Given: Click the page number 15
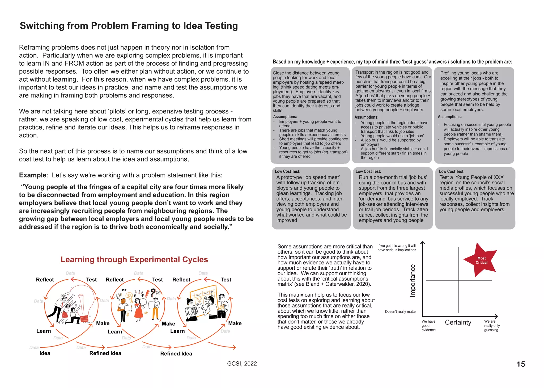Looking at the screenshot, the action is [521, 364].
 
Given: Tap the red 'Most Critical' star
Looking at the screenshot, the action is [481, 260].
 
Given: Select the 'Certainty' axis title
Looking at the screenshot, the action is [458, 322].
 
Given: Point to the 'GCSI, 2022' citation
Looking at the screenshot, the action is [242, 364].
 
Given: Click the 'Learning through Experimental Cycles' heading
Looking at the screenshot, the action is [134, 259].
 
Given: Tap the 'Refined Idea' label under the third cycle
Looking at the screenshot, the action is [176, 353].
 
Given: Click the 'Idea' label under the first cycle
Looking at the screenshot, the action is [45, 353].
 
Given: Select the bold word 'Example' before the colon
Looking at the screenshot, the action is [32, 175].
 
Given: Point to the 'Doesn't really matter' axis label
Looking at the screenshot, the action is [401, 311].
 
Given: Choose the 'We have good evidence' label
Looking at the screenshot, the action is [428, 326].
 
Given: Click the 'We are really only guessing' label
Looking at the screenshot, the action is [492, 326].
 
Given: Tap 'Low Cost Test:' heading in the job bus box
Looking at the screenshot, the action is [368, 171].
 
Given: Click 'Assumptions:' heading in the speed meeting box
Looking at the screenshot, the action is [285, 117].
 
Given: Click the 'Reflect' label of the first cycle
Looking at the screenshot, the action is [45, 280].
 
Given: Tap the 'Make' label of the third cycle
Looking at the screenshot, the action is [235, 323].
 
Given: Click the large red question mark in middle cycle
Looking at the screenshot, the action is [153, 293].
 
